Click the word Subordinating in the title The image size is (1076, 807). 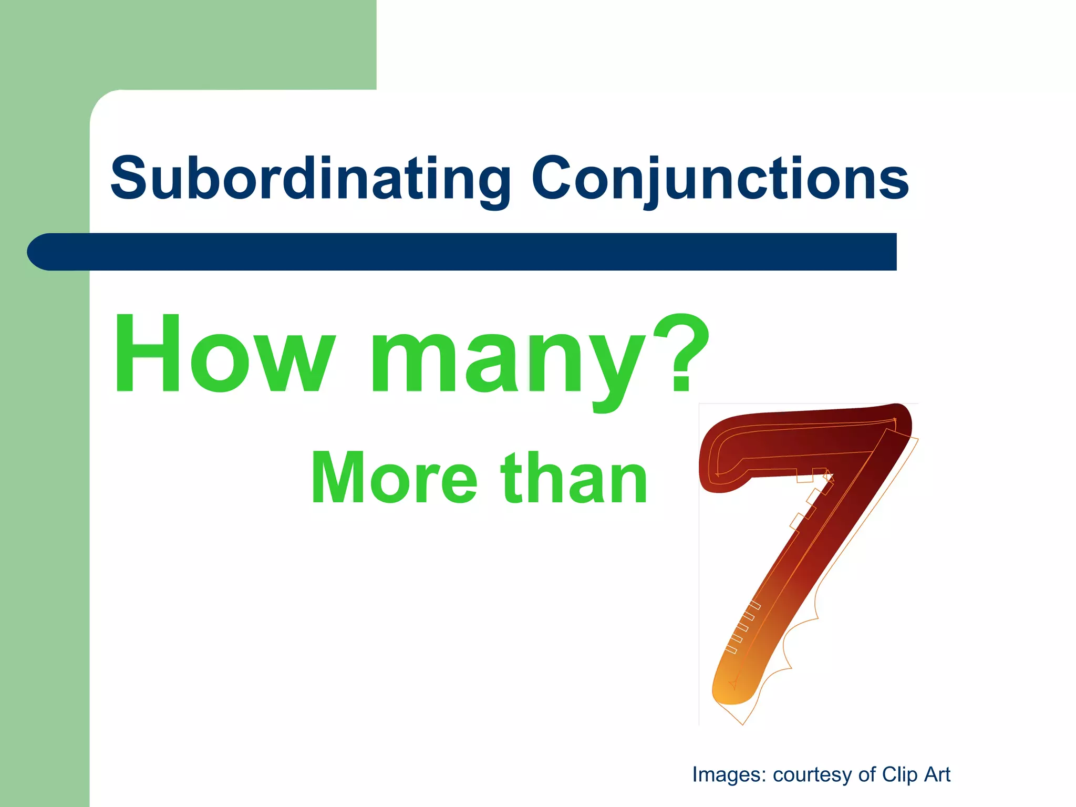click(x=311, y=179)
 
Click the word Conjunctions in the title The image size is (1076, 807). click(x=720, y=179)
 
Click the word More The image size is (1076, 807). click(x=394, y=478)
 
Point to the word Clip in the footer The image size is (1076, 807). click(x=899, y=775)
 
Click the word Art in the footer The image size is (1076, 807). click(x=937, y=775)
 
